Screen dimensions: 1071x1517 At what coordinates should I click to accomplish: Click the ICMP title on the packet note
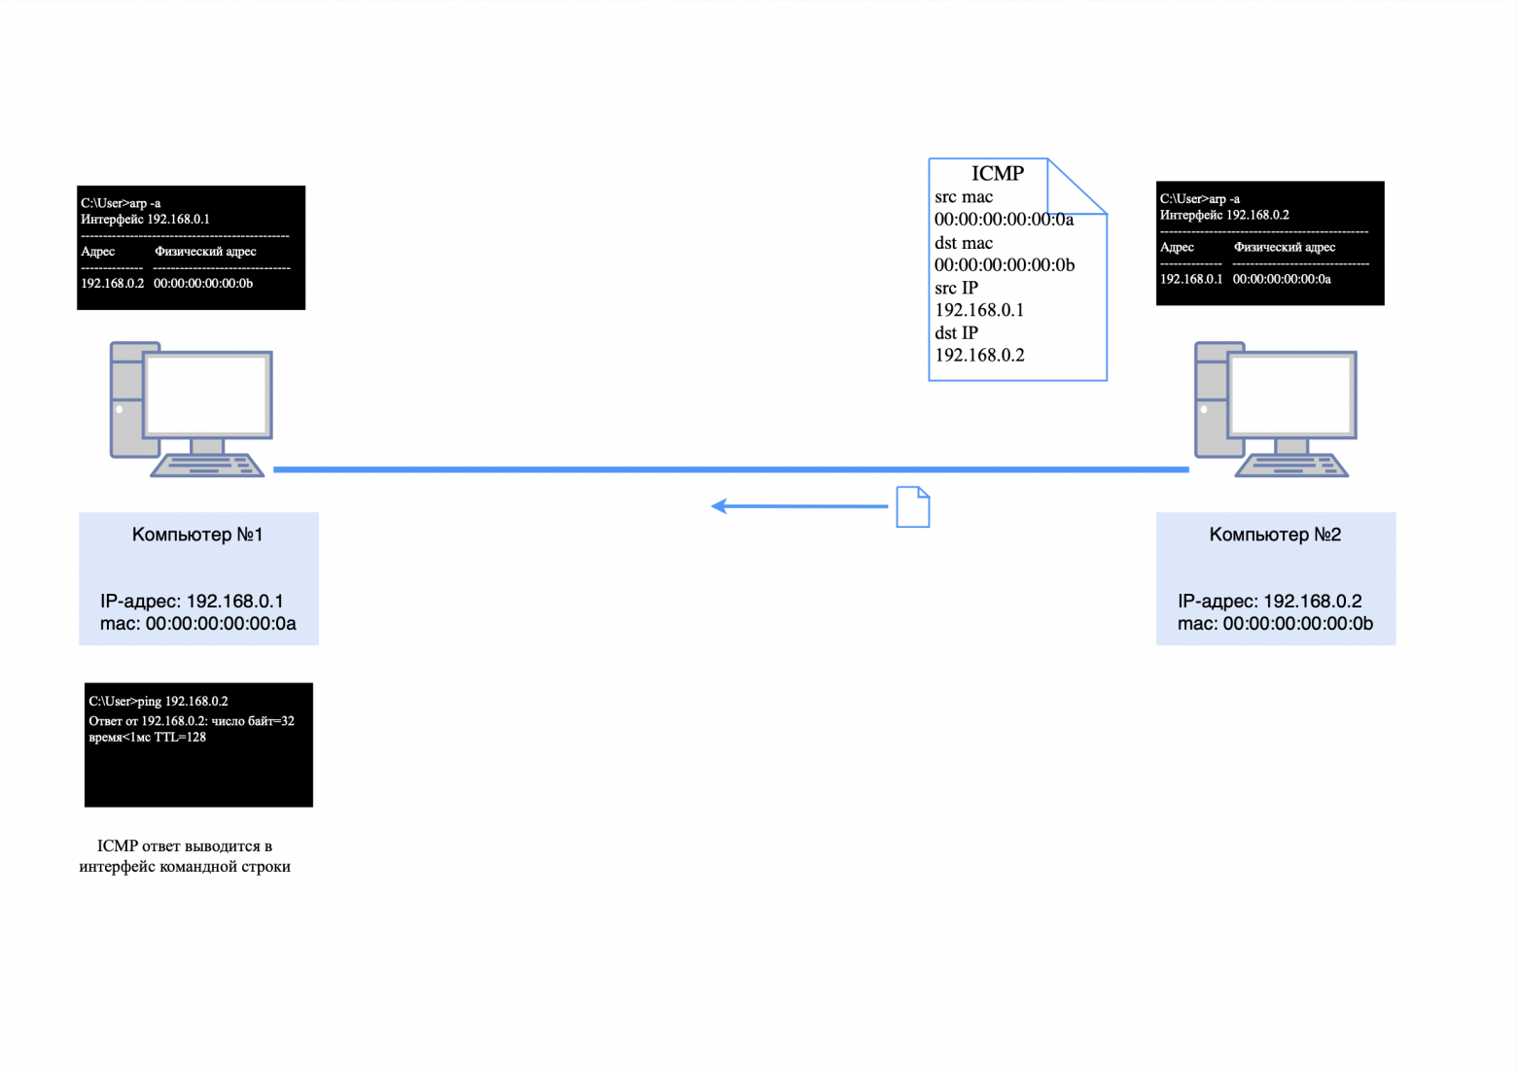coord(997,173)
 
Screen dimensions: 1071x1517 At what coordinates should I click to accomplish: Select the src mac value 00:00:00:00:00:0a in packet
coord(1004,220)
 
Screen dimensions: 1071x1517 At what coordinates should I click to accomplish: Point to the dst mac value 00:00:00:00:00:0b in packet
coord(1004,265)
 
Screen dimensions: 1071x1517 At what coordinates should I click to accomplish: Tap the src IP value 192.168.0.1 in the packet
coord(979,310)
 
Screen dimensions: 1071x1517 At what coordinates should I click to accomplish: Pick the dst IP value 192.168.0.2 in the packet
coord(979,355)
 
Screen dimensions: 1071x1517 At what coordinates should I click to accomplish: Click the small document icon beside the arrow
coord(912,507)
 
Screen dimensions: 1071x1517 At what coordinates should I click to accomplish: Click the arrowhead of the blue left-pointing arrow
coord(720,506)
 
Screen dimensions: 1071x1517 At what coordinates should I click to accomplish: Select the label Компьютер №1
coord(197,535)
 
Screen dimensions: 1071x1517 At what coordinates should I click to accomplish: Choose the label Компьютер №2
coord(1275,535)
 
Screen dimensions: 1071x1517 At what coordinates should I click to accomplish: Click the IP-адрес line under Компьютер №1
coord(192,601)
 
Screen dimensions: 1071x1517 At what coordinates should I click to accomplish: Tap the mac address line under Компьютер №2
coord(1275,624)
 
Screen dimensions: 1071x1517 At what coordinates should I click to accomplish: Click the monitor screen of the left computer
coord(207,394)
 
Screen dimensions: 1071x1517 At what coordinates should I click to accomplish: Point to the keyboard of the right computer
coord(1291,466)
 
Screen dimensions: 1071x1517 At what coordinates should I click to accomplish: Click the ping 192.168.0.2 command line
coord(159,701)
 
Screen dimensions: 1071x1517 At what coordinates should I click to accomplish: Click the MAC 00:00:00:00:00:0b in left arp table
coord(203,283)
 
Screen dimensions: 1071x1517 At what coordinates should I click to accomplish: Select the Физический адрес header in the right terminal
coord(1284,247)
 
